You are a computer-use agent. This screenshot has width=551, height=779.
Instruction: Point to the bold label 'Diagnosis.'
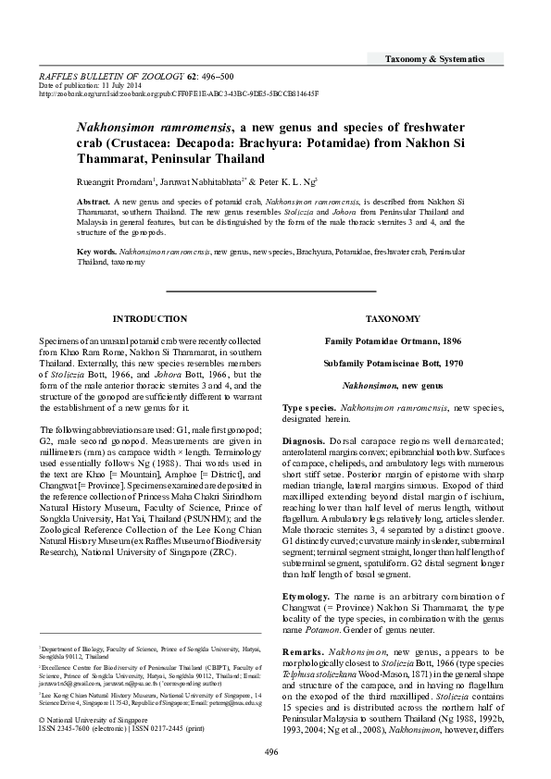(304, 440)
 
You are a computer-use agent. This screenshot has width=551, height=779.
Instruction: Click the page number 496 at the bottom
(271, 751)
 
